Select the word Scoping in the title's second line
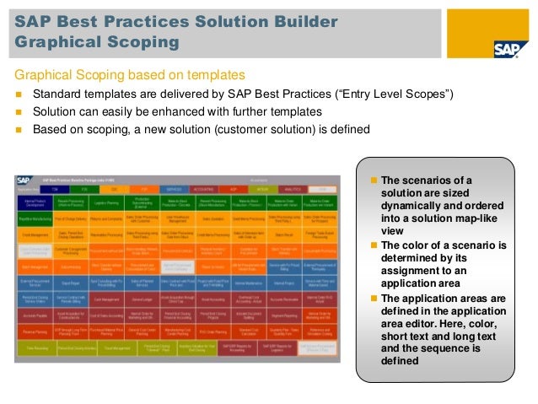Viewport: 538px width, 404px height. pos(144,42)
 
